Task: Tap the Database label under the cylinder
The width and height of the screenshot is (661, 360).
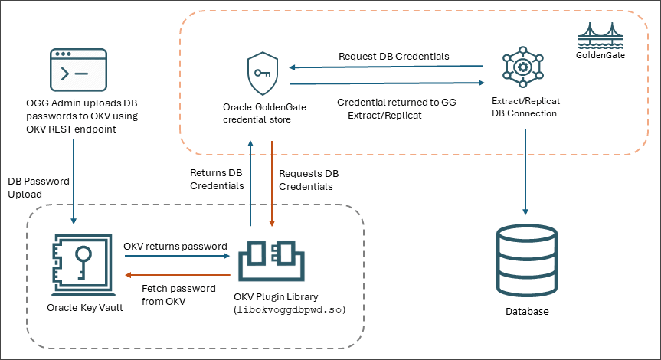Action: point(527,312)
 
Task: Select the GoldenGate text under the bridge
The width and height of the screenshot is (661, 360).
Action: point(600,55)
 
